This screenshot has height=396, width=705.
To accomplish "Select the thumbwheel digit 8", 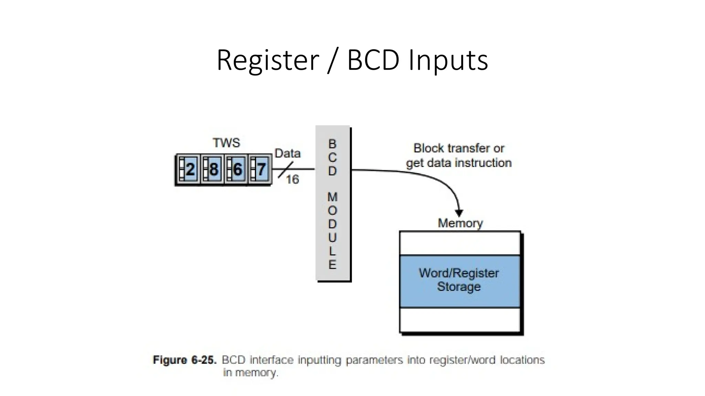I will [213, 169].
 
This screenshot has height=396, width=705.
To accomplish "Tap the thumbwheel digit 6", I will [237, 169].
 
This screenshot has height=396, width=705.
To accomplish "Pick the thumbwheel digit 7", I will [261, 169].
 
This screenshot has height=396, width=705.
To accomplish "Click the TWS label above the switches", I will [226, 143].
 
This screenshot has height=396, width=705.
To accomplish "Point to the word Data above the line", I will [287, 153].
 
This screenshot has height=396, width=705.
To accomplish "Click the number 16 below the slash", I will [292, 179].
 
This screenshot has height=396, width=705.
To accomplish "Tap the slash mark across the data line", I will [286, 169].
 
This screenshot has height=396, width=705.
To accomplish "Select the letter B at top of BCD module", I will [332, 144].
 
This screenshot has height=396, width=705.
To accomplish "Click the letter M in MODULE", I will [332, 197].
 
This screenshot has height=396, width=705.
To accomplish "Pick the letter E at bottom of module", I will [332, 265].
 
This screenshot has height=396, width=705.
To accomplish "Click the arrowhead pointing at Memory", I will [459, 213].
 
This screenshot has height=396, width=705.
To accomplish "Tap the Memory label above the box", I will [460, 223].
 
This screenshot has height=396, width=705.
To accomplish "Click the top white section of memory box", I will [460, 243].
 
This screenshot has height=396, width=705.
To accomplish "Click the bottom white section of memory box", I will [460, 320].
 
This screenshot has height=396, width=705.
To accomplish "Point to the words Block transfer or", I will [459, 148].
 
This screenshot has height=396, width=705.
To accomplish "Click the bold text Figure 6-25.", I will [185, 360].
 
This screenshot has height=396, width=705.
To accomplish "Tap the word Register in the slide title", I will [268, 60].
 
